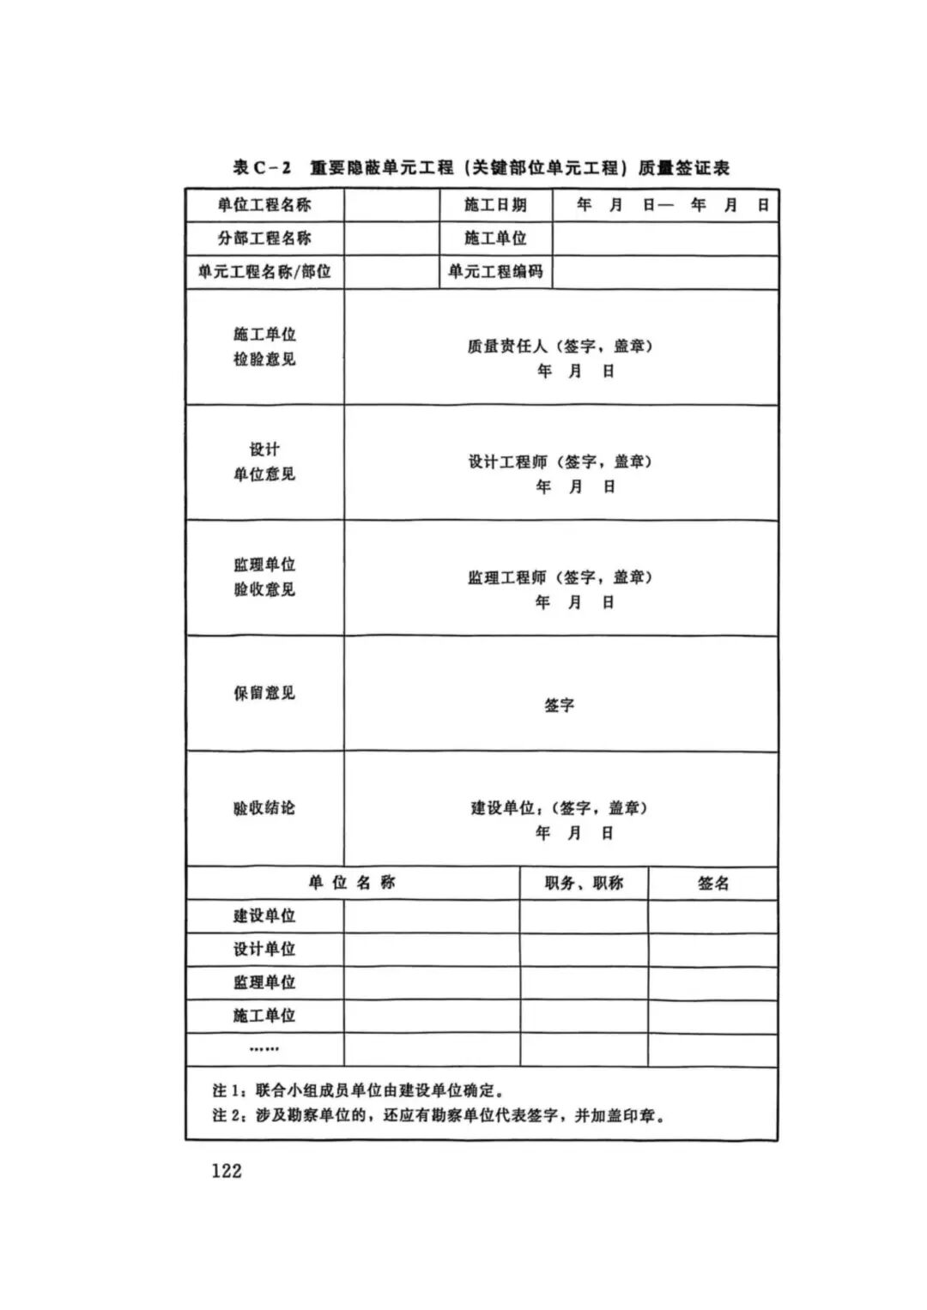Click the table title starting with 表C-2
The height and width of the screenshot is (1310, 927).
[x=482, y=168]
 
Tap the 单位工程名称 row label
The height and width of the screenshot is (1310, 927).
[x=264, y=205]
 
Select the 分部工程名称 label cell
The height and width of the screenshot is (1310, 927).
[x=264, y=238]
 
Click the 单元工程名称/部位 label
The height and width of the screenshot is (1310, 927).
[x=264, y=272]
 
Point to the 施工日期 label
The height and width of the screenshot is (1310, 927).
[x=495, y=205]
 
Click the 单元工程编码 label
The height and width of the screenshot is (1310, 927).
[x=495, y=272]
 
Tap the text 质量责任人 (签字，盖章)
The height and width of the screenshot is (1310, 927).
[x=560, y=347]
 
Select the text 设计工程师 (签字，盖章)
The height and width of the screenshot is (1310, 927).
[x=560, y=462]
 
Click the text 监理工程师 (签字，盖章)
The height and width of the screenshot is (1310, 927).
[x=560, y=577]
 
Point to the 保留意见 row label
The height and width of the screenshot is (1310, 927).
[x=264, y=692]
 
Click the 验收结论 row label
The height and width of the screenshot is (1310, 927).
[x=264, y=808]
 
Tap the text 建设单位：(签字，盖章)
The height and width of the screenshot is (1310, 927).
[x=559, y=808]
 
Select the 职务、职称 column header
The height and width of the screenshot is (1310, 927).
[x=584, y=883]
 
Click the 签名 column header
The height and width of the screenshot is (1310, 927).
[x=713, y=883]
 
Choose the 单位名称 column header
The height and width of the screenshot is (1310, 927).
[x=352, y=883]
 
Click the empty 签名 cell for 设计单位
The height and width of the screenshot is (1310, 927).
[x=713, y=950]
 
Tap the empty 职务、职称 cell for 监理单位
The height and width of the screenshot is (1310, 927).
[x=584, y=982]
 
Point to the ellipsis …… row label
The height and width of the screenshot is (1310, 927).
[x=264, y=1049]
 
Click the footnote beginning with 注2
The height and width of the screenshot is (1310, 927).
[x=439, y=1116]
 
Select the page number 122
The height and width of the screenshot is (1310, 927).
[x=227, y=1171]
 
